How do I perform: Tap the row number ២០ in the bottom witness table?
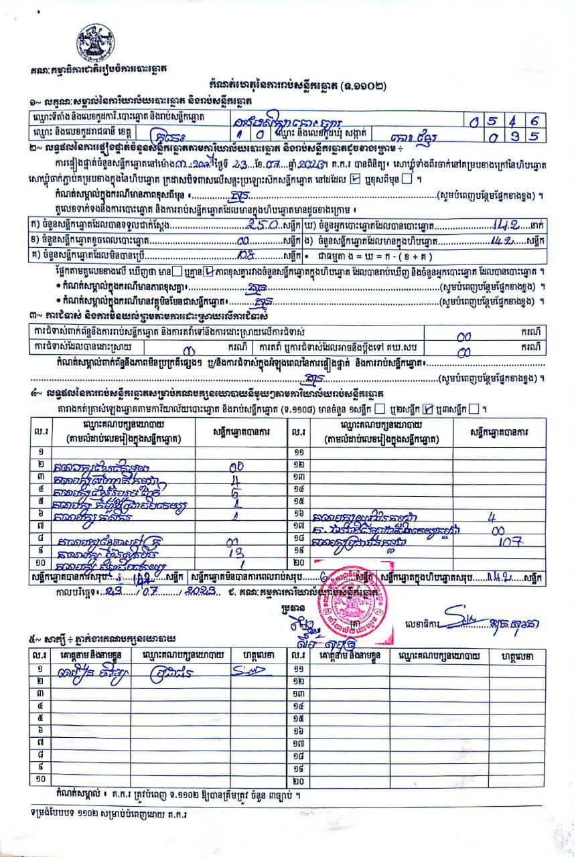pyautogui.click(x=299, y=780)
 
